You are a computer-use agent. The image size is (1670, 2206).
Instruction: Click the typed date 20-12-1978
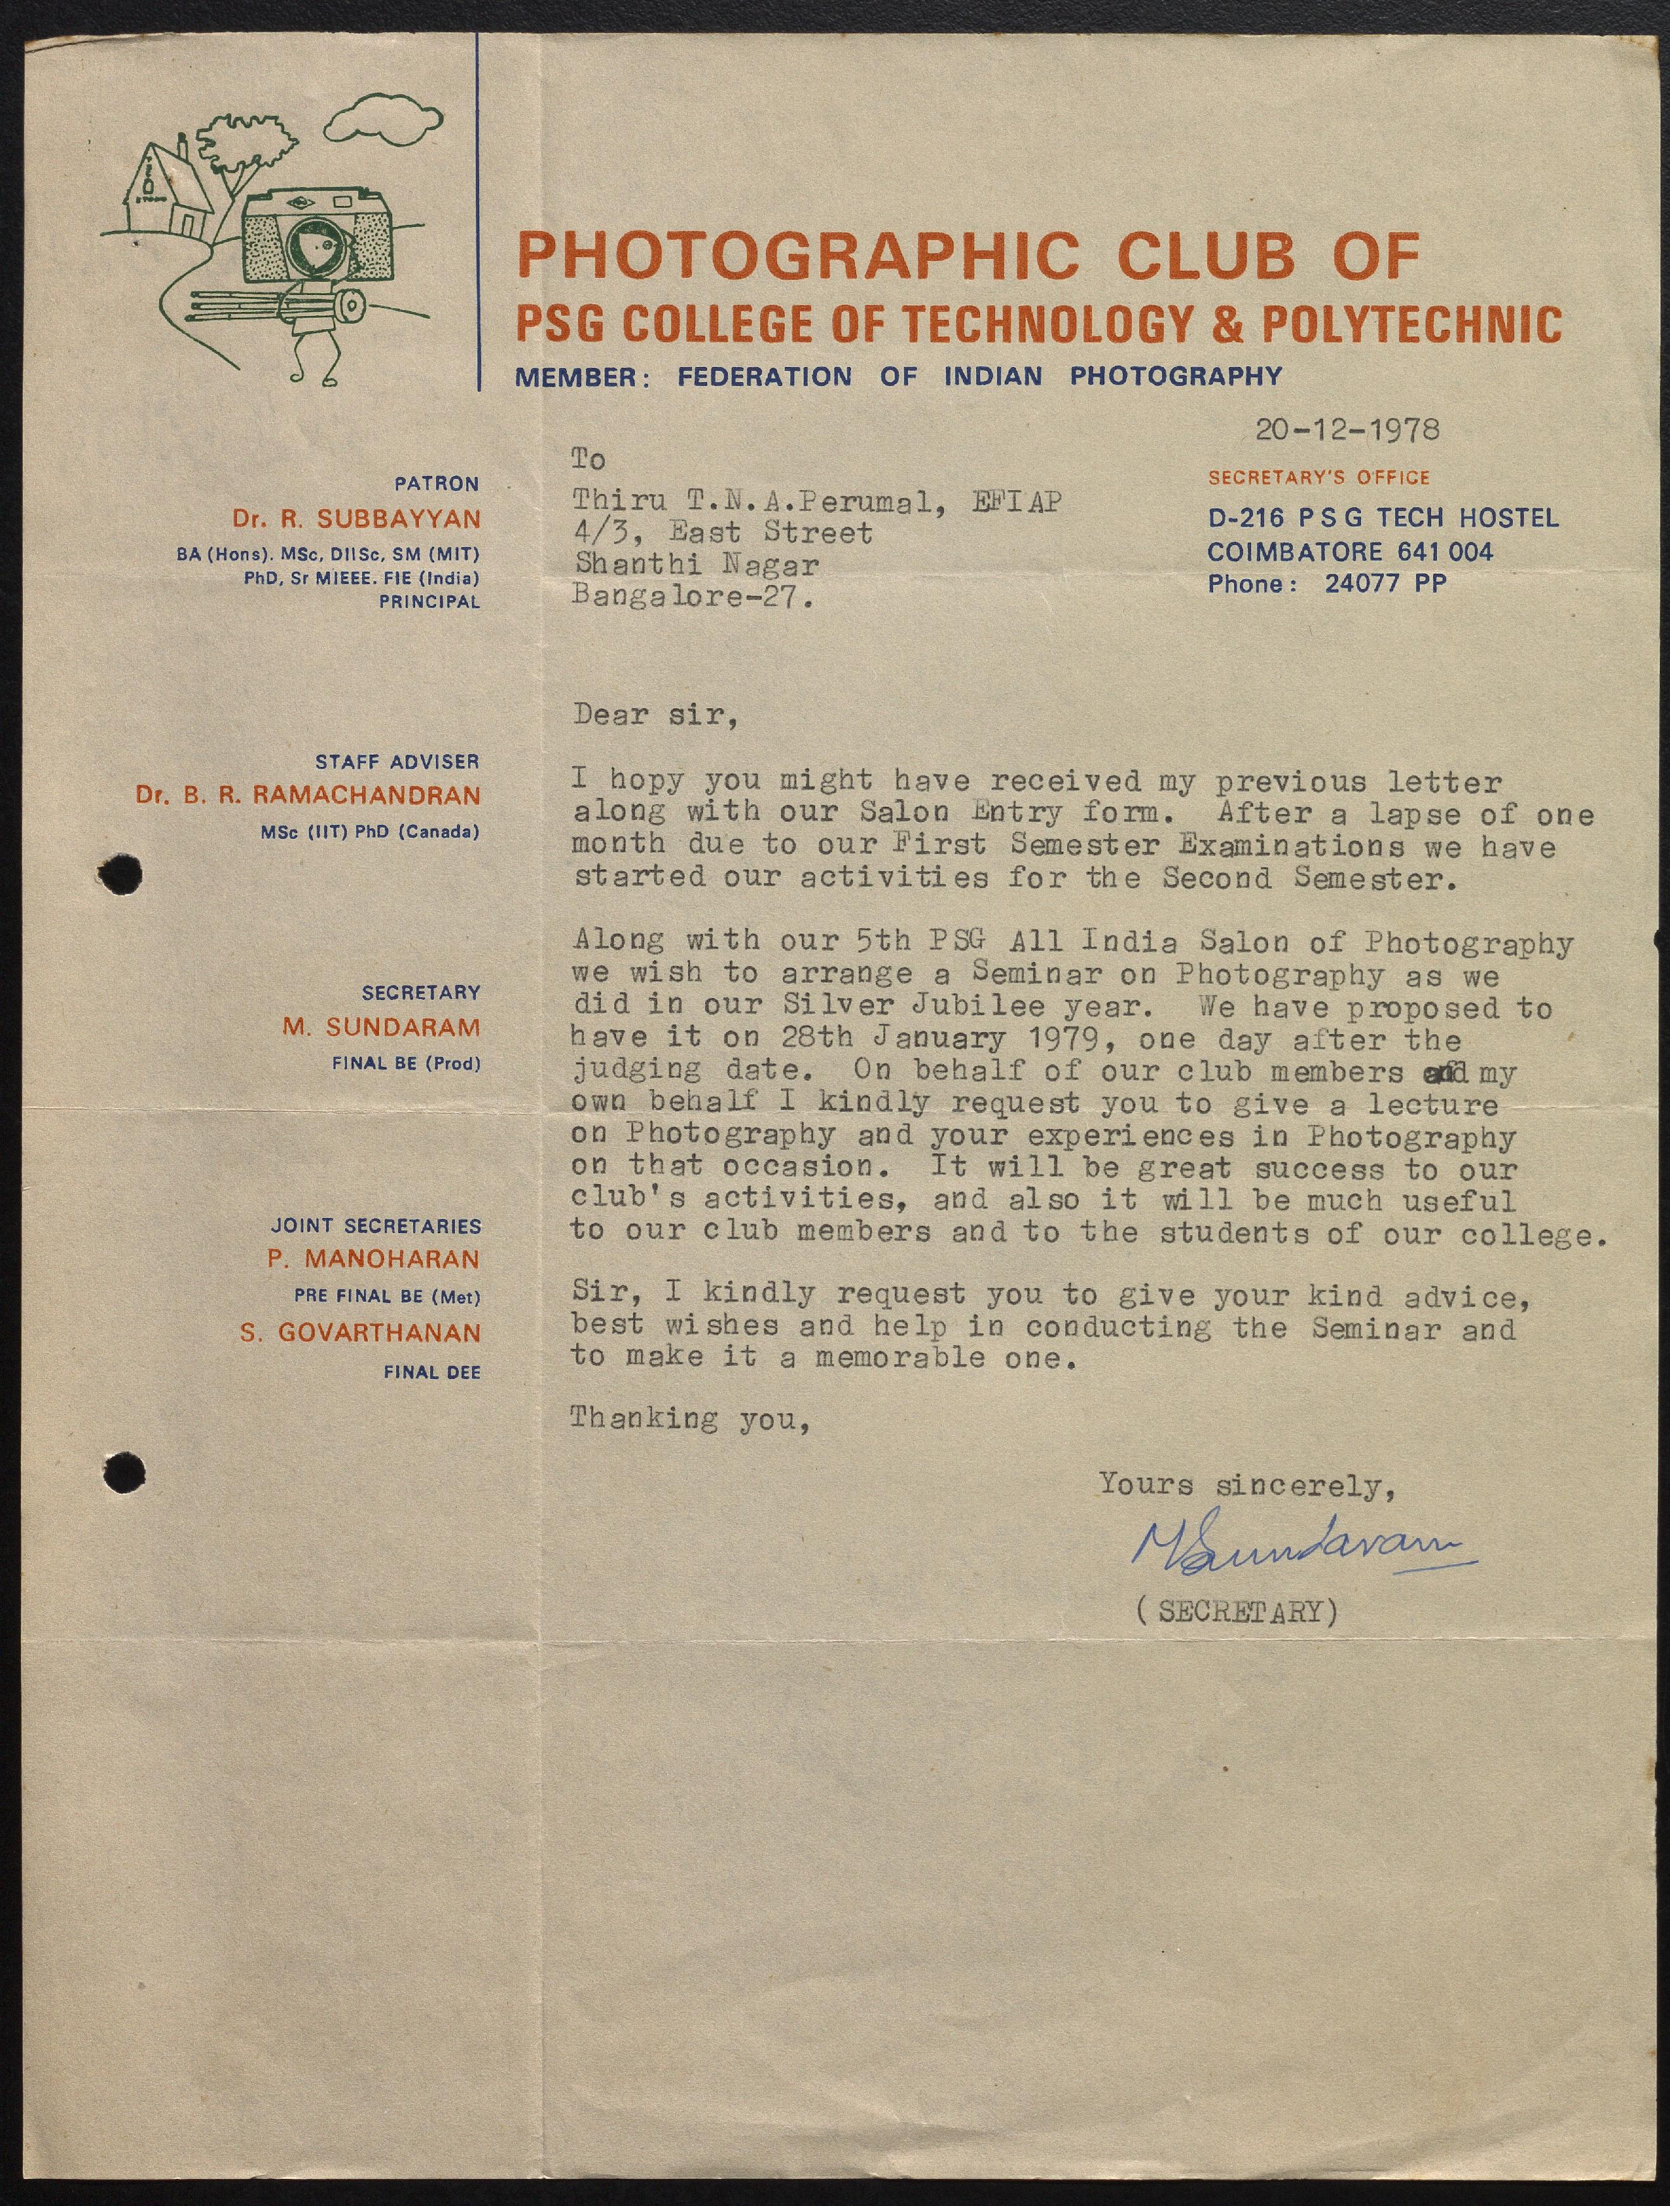[1346, 430]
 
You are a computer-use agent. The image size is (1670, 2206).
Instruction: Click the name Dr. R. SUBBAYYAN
[356, 519]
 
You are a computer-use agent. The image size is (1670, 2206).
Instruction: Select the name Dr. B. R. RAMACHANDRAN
[308, 796]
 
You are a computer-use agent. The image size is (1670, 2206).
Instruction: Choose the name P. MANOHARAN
[373, 1260]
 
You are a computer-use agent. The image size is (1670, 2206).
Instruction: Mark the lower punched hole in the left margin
[124, 1472]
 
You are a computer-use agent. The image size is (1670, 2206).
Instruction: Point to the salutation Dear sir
[655, 715]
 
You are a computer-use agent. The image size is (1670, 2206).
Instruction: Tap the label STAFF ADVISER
[397, 762]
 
